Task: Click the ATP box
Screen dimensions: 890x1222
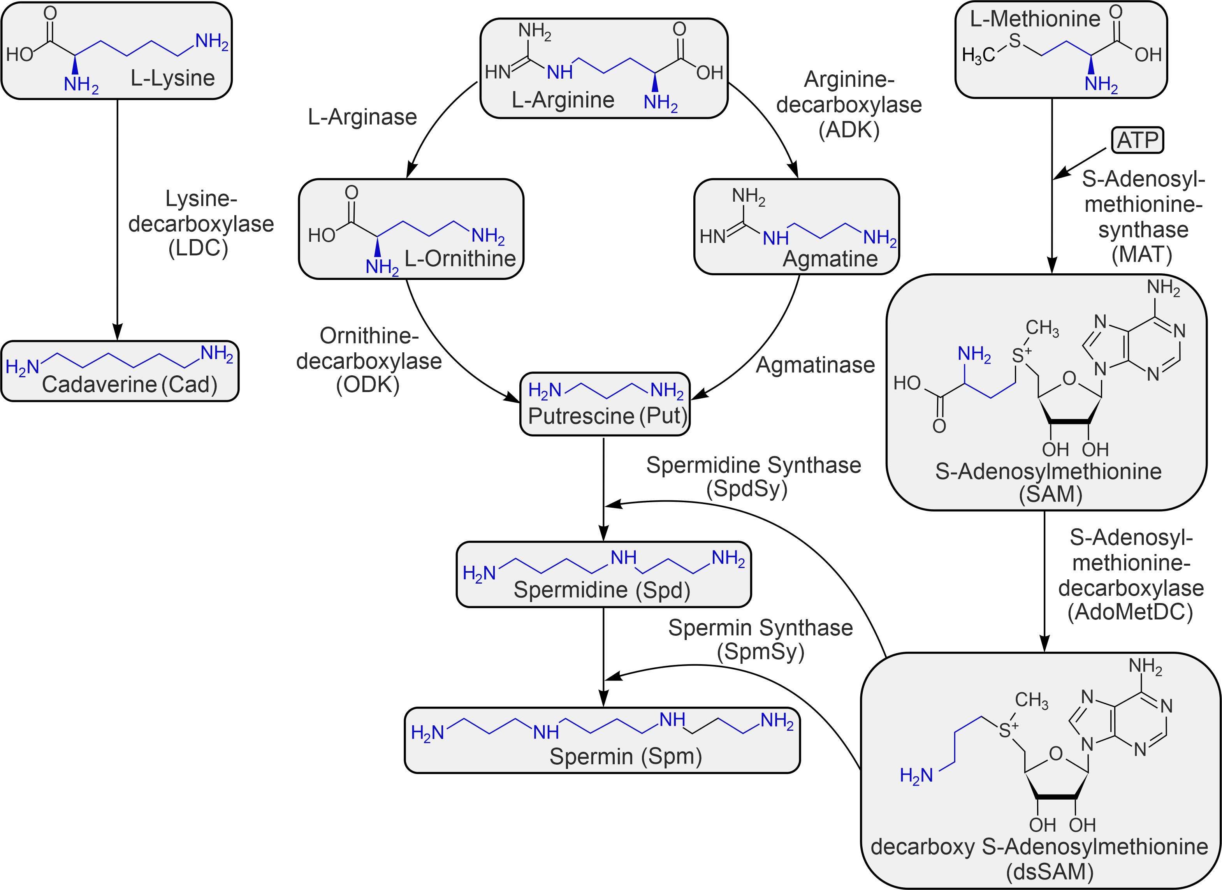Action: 1138,141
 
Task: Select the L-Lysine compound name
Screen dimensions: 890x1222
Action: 172,78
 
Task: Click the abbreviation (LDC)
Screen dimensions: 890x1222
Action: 198,248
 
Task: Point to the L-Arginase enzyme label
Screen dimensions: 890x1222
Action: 362,117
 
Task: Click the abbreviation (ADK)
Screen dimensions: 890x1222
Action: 849,130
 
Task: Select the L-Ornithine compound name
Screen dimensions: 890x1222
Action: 460,259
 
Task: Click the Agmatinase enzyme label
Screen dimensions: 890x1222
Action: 815,365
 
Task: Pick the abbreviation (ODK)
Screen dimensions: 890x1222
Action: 368,385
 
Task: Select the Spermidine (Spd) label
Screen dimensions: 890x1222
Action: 602,589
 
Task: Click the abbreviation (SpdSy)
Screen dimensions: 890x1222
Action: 747,489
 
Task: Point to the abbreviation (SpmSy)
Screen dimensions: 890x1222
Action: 760,651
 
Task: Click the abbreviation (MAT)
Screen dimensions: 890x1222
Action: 1142,254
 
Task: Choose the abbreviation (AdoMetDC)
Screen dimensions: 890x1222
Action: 1131,612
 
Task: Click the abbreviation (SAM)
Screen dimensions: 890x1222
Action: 1051,494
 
